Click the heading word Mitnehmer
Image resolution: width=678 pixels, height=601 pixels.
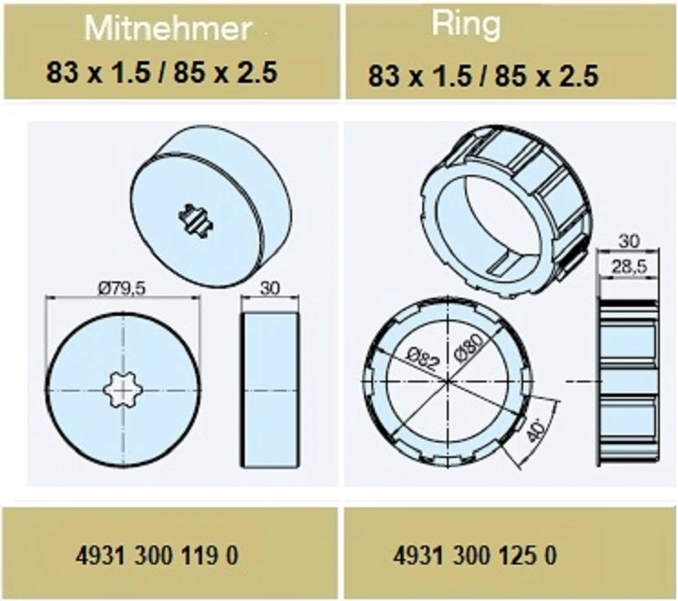click(x=168, y=28)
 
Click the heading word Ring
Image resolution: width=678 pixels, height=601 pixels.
click(x=466, y=25)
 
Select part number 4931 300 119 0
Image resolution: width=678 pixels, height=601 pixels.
click(x=157, y=555)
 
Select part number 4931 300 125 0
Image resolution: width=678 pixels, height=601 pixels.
click(x=475, y=555)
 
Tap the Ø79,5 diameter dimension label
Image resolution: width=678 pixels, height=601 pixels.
click(x=122, y=288)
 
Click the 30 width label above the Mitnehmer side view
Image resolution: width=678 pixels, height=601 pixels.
click(x=269, y=288)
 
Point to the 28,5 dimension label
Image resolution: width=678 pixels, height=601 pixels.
click(x=629, y=267)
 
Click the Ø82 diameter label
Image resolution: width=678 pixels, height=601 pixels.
click(x=423, y=357)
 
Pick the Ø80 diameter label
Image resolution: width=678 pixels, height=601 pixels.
click(x=470, y=348)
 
